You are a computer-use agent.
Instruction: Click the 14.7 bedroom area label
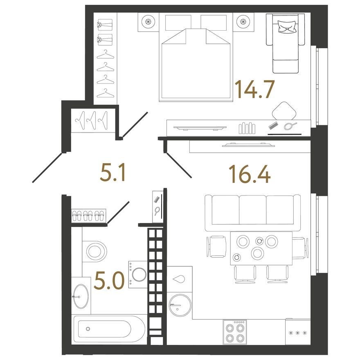tap(254, 89)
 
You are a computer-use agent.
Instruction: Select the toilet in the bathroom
tap(96, 250)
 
